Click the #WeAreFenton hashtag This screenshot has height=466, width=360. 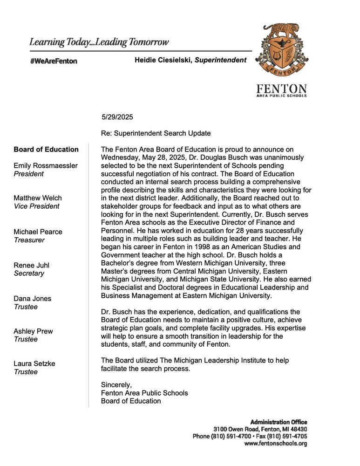(53, 61)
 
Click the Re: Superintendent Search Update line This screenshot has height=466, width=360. (156, 133)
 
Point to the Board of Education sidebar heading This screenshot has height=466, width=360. (46, 150)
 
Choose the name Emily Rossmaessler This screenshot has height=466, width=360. (46, 166)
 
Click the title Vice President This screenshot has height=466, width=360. (37, 206)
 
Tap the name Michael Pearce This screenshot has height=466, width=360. (38, 232)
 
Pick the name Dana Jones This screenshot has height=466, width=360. (33, 298)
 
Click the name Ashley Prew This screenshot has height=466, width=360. (33, 331)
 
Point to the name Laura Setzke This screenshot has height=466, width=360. (34, 364)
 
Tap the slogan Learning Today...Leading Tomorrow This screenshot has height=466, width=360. (99, 42)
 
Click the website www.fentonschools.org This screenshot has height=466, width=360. (275, 444)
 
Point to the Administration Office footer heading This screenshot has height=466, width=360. (278, 422)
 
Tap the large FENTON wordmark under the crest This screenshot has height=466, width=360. (282, 89)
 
